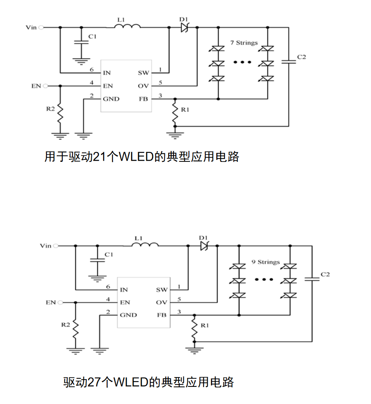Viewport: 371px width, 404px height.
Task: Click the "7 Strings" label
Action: (244, 43)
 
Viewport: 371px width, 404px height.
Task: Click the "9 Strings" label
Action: (266, 262)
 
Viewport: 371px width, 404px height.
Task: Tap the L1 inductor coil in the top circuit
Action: (127, 27)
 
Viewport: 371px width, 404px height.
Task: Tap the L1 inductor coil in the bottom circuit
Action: (145, 245)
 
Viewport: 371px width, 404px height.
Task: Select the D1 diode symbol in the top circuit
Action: (184, 27)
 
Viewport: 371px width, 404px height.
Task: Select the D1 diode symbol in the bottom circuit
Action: (204, 246)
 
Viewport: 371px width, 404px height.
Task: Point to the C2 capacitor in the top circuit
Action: (289, 62)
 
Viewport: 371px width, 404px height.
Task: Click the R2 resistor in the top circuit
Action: (60, 114)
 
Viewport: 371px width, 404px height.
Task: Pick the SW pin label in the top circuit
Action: (143, 73)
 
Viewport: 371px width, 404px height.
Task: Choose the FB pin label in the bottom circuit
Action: (162, 315)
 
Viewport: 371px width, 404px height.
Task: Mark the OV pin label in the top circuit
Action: (144, 86)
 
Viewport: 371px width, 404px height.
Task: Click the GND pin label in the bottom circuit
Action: (128, 315)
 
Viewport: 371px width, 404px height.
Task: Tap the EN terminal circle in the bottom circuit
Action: (60, 302)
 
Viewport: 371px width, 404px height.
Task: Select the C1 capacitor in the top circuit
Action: (81, 42)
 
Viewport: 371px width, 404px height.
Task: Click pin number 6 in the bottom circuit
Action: (108, 287)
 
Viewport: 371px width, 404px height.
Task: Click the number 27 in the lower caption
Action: (95, 382)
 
